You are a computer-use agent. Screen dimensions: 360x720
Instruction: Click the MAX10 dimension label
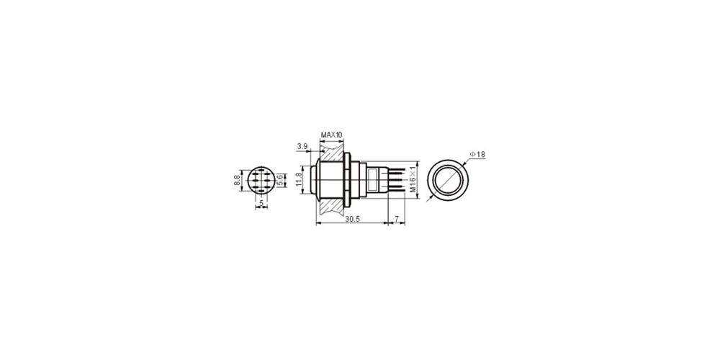pyautogui.click(x=332, y=135)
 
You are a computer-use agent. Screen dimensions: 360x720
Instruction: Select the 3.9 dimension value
pyautogui.click(x=302, y=146)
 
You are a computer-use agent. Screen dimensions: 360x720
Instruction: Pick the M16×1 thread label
pyautogui.click(x=413, y=179)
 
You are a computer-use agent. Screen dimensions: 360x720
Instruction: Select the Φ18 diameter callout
pyautogui.click(x=479, y=154)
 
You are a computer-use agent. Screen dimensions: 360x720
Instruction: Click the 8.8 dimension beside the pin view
pyautogui.click(x=236, y=179)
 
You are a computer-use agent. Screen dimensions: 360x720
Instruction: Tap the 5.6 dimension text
pyautogui.click(x=281, y=179)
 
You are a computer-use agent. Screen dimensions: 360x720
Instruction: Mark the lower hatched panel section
pyautogui.click(x=330, y=204)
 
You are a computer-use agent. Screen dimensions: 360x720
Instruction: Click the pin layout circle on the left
pyautogui.click(x=261, y=180)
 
